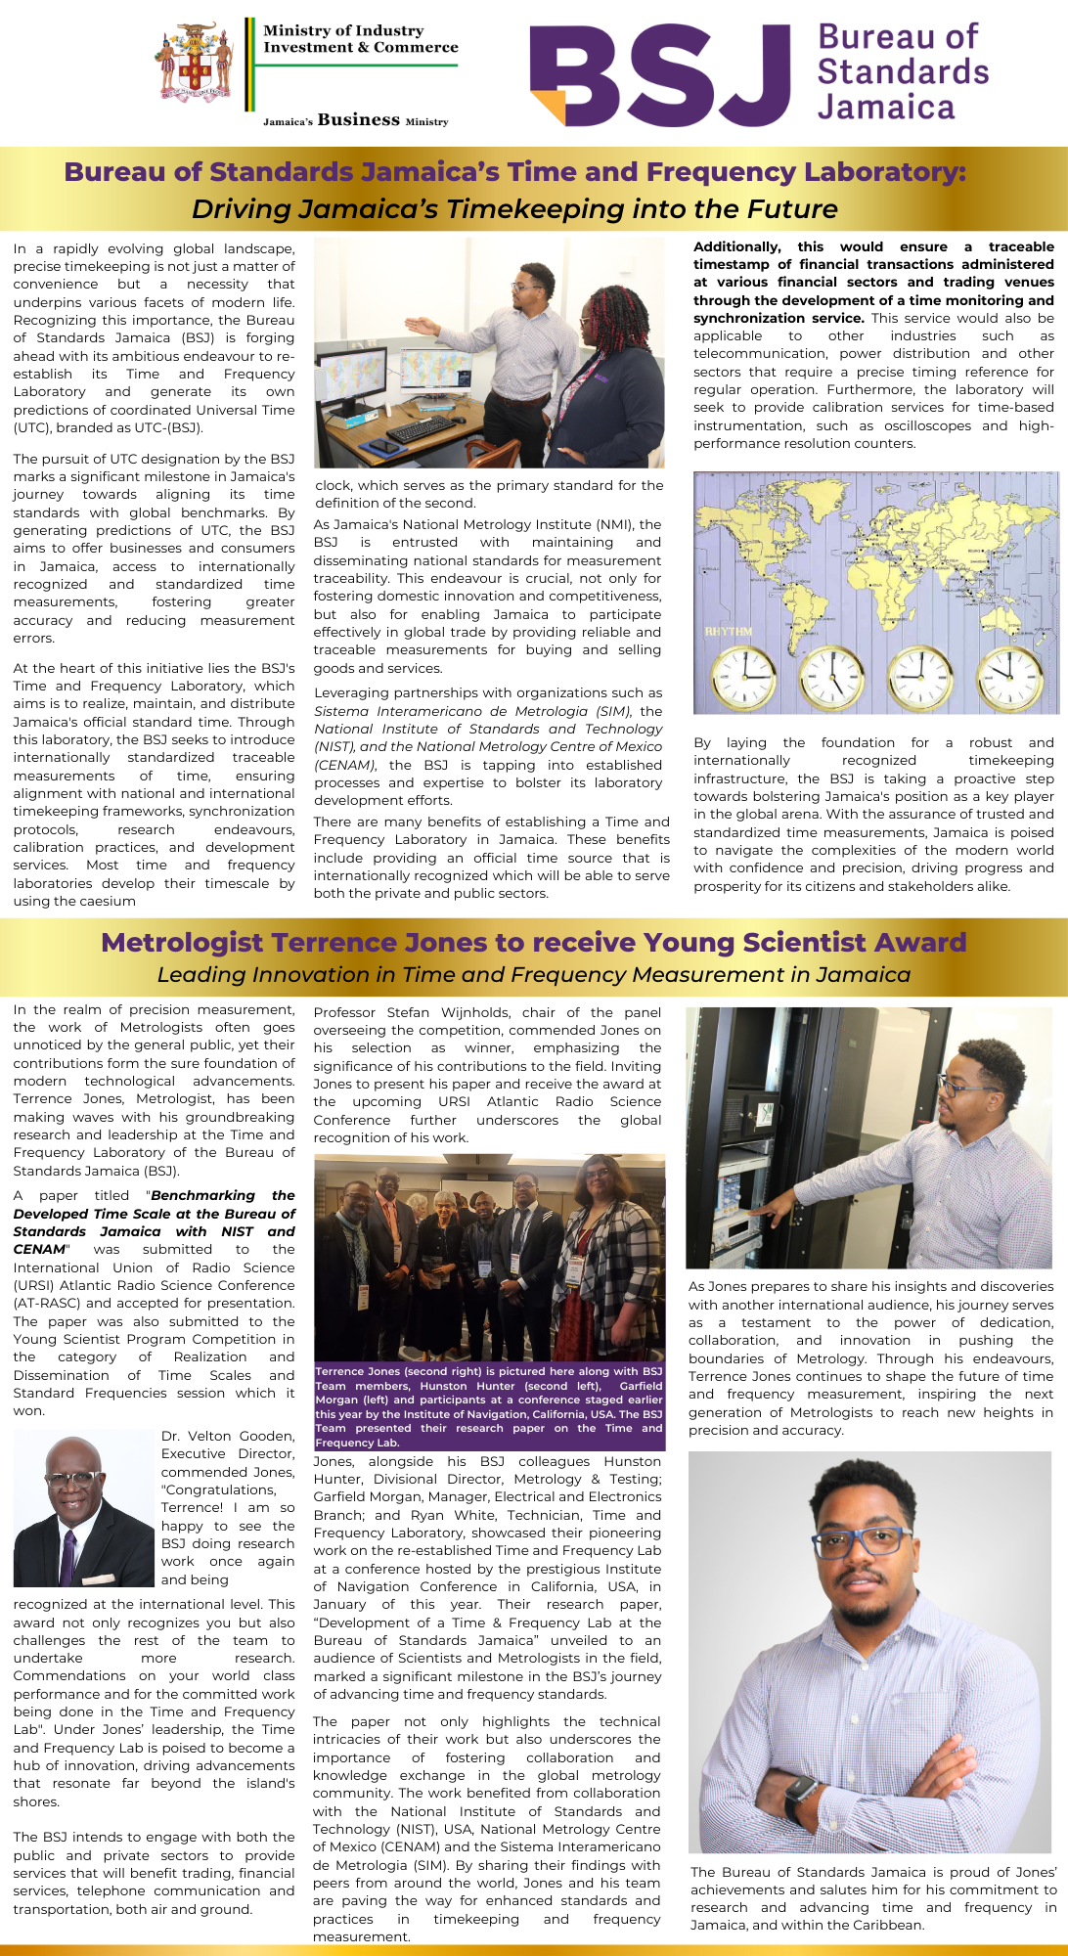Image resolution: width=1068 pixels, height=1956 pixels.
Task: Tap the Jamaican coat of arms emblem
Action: [197, 64]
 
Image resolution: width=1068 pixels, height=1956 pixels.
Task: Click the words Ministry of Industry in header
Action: [343, 30]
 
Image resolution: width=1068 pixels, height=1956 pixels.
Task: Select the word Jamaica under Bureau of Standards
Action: [885, 107]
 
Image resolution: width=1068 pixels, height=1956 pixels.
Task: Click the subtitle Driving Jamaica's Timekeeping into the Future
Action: [514, 209]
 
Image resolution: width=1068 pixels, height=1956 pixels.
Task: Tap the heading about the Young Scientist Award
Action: [533, 942]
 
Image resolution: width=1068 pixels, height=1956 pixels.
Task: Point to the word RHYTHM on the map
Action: [729, 631]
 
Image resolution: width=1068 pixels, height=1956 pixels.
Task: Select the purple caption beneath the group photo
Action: [489, 1406]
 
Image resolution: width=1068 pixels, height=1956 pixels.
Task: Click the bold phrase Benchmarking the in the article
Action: [222, 1195]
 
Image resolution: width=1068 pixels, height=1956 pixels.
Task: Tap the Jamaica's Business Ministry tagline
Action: [355, 120]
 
